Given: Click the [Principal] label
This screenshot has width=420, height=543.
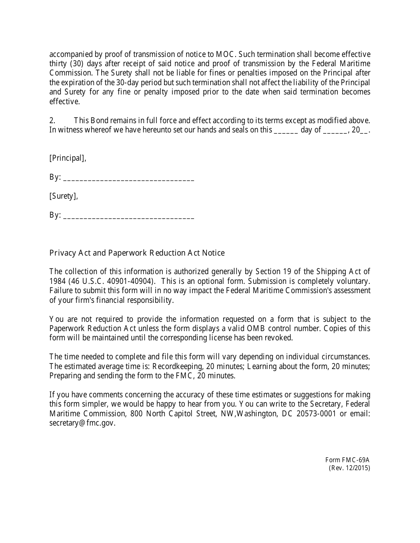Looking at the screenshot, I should click(68, 158).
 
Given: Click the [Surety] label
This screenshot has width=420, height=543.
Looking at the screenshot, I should click(64, 196).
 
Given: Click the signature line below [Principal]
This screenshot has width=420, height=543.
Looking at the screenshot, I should click(129, 178).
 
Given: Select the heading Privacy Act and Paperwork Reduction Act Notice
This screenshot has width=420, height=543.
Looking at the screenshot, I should click(137, 253).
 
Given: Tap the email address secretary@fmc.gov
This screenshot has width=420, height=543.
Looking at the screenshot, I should click(82, 423).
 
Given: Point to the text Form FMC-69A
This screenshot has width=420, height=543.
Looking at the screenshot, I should click(348, 460).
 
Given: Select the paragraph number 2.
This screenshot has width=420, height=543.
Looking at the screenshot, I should click(52, 120).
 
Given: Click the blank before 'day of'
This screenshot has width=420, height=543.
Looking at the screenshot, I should click(286, 131).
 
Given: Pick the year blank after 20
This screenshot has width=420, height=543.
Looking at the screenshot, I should click(365, 131).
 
